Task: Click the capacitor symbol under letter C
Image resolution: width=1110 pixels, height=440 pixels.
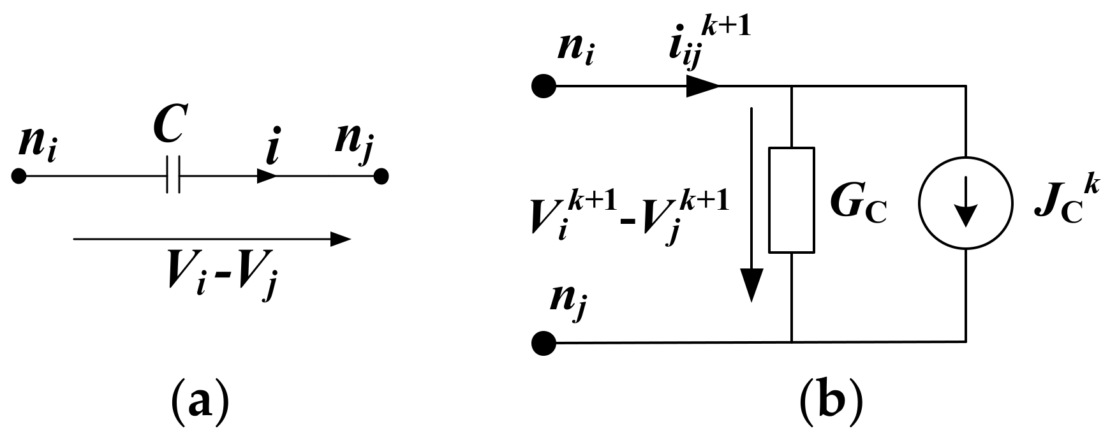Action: click(173, 175)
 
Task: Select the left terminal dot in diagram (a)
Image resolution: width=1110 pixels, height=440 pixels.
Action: click(19, 175)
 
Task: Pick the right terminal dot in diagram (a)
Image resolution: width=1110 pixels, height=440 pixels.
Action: click(381, 175)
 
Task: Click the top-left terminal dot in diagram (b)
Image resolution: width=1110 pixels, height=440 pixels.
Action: click(544, 85)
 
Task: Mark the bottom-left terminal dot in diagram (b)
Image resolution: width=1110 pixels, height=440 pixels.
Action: click(544, 343)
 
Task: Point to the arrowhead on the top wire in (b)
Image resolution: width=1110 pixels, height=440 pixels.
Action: click(702, 85)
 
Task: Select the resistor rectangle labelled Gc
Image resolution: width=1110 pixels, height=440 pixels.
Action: click(792, 200)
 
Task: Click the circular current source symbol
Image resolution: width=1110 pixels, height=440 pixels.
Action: click(966, 203)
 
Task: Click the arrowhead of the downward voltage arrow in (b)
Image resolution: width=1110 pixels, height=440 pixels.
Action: click(753, 284)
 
